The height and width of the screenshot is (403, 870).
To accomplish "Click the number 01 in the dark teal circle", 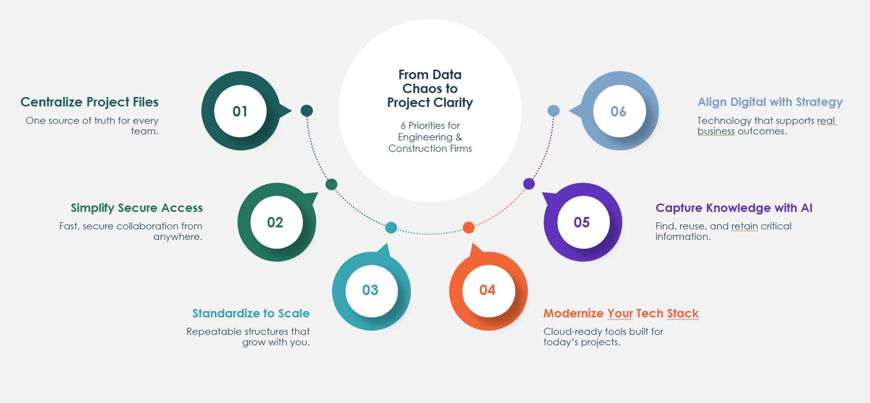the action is pos(240,111).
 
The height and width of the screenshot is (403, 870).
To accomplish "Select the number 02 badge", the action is pos(276,222).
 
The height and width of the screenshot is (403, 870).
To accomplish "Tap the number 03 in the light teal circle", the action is pos(370,290).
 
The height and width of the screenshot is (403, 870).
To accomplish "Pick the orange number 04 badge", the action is pos(488,290).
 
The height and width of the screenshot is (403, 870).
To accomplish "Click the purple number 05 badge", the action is pos(583,222).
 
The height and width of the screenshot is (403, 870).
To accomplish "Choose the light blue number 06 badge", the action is pos(619,111).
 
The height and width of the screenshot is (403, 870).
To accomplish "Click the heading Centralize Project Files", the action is pos(89,102).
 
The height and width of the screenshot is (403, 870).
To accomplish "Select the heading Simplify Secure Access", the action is pos(137,208).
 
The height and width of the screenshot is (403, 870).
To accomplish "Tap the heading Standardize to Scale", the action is pos(251,313).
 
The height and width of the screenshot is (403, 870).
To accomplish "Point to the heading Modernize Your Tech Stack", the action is pos(621,313).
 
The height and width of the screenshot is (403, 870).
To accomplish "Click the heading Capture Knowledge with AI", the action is pos(734,208).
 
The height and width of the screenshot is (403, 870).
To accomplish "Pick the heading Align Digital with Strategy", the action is pos(770,102).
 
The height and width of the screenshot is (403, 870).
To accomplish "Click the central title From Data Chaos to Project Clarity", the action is pos(430,88).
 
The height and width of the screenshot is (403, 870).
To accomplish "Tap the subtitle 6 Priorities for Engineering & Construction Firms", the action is pos(430,137).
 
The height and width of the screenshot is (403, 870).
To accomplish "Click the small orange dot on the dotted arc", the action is pos(469,227).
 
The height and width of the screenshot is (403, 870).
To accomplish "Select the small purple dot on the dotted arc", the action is pos(529,184).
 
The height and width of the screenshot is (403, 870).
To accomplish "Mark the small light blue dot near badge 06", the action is pos(553,111).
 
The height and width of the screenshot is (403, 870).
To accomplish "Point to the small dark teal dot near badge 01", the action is pos(307,110).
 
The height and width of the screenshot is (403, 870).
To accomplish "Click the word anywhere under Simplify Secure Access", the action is pos(178,237).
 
